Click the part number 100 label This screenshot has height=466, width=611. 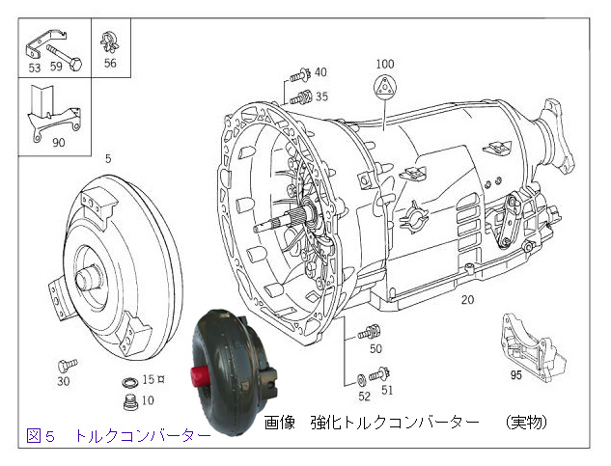385,64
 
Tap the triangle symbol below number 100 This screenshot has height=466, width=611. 384,87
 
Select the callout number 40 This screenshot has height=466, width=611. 320,72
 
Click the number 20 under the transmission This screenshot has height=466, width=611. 467,300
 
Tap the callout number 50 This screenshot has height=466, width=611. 375,348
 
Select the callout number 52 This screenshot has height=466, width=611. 364,396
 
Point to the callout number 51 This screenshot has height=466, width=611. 387,390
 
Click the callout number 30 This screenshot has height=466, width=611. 64,381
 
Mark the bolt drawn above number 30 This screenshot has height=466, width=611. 65,364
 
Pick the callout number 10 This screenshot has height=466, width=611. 148,399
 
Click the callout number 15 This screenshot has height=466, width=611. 149,379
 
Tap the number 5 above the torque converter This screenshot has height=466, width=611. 108,157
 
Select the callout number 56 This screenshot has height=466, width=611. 110,64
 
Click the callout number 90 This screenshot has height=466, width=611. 59,143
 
